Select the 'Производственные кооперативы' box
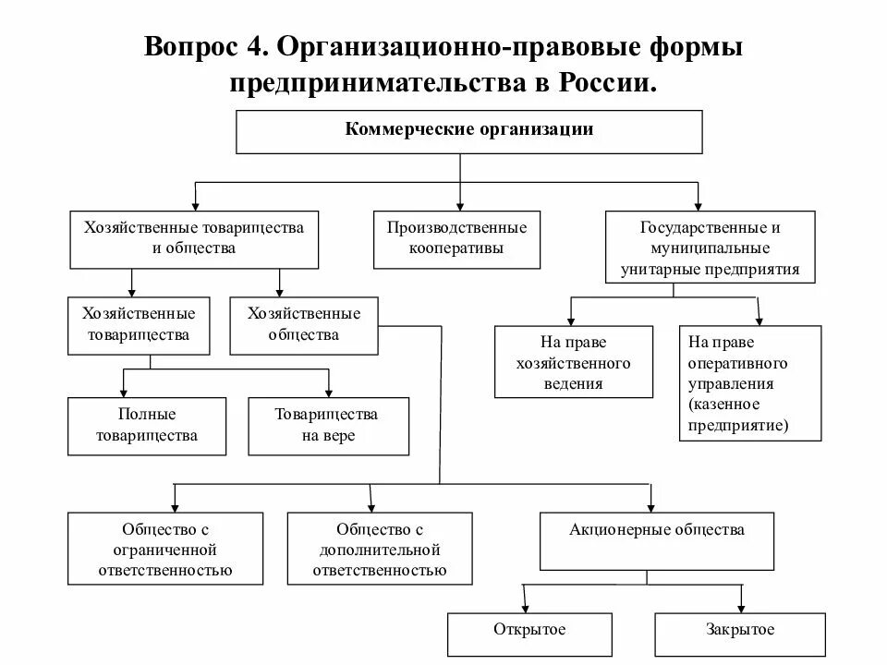point(457,238)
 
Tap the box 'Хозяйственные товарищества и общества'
point(194,238)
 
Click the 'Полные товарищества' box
point(147,426)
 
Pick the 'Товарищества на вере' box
point(328,426)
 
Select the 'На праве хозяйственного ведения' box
point(574,361)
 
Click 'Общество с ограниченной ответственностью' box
point(166,550)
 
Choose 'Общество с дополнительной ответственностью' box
point(380,550)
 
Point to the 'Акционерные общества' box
point(657,540)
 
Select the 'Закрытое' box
point(739,632)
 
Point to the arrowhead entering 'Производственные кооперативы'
point(461,207)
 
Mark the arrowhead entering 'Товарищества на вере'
point(328,392)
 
